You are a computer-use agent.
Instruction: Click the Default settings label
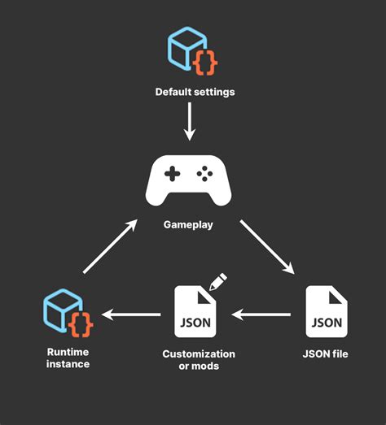(195, 92)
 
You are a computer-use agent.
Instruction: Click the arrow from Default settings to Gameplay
(189, 121)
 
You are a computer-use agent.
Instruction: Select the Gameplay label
(188, 224)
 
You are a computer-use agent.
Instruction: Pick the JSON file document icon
(327, 311)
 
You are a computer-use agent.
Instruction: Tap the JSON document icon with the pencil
(195, 311)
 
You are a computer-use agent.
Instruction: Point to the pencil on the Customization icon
(217, 282)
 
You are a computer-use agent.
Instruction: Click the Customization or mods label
(199, 360)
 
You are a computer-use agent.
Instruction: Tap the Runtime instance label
(68, 358)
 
